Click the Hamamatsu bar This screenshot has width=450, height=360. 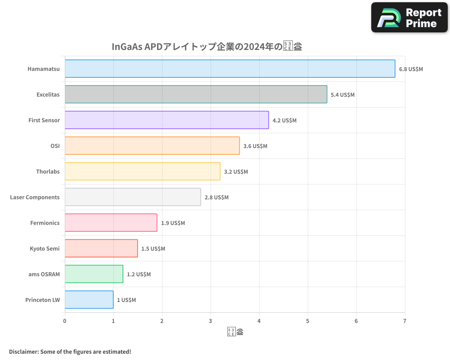229,69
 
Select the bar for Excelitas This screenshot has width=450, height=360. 196,94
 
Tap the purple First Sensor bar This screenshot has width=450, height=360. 166,120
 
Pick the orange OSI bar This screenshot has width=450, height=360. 152,146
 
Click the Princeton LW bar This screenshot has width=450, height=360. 89,300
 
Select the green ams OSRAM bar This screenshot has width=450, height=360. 94,274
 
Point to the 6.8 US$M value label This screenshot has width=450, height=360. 411,69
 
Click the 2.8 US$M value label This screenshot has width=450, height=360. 216,198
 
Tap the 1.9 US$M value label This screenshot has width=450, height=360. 173,223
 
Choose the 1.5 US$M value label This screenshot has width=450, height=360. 153,249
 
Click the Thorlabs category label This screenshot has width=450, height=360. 48,171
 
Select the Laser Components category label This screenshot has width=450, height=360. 35,197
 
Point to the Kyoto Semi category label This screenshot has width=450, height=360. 45,248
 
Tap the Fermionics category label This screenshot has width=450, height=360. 45,223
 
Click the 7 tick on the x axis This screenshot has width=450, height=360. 405,321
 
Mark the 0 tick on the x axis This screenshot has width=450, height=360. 65,321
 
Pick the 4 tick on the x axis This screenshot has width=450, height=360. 259,321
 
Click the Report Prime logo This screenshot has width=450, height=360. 409,18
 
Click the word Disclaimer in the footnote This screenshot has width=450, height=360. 23,351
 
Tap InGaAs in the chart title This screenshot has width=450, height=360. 127,47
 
